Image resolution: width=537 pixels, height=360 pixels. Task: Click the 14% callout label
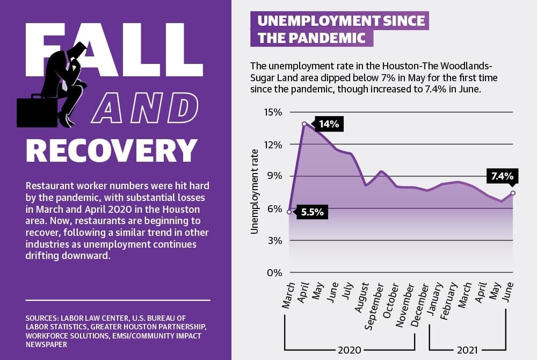click(x=329, y=124)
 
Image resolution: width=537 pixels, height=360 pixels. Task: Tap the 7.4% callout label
click(x=503, y=176)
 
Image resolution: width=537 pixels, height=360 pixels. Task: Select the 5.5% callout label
click(x=312, y=212)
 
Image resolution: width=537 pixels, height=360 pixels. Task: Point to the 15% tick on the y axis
click(x=273, y=112)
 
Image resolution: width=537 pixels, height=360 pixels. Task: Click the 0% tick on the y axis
click(x=274, y=273)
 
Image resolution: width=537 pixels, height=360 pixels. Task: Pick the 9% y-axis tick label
click(x=274, y=176)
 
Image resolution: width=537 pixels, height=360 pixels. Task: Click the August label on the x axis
click(x=361, y=297)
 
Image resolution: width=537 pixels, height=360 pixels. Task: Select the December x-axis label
click(x=419, y=305)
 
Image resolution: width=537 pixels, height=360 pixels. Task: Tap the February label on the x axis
click(x=448, y=301)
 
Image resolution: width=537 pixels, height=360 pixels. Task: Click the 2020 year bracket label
click(x=350, y=350)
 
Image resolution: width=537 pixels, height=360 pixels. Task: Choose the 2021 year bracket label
click(x=467, y=350)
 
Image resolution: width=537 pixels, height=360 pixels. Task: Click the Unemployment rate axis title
click(x=254, y=192)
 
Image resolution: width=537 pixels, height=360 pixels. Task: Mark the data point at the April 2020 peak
click(x=304, y=124)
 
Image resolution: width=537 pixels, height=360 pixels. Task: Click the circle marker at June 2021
click(x=513, y=193)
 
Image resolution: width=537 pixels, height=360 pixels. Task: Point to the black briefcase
click(x=37, y=111)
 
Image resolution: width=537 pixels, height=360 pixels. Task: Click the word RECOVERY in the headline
click(x=112, y=150)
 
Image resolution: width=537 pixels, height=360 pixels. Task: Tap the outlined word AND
click(x=144, y=107)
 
